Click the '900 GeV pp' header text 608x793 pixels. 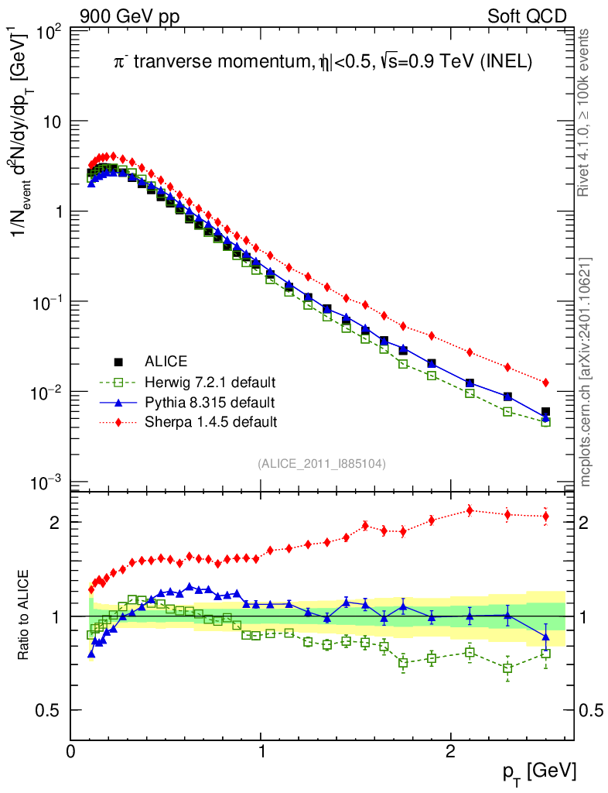tap(128, 16)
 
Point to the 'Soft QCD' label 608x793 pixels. tap(527, 16)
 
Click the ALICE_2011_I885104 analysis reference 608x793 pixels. tap(321, 463)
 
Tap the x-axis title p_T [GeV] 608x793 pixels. tap(538, 771)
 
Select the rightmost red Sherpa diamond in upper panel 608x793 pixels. tap(545, 383)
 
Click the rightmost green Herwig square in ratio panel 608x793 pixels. tap(545, 654)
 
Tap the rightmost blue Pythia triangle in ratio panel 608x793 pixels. tap(545, 637)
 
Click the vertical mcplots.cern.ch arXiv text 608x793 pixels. tap(587, 372)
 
